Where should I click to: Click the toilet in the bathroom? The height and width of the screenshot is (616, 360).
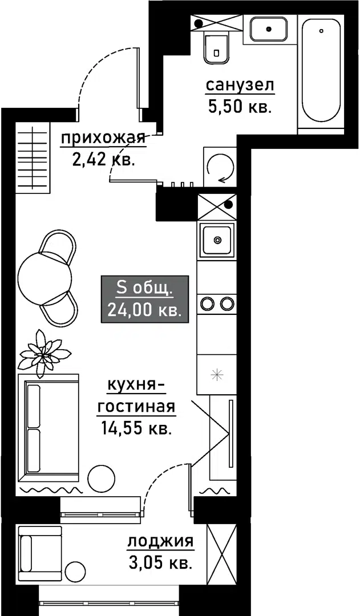pyautogui.click(x=217, y=46)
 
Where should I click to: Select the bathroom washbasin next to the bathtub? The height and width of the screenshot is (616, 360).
pyautogui.click(x=268, y=29)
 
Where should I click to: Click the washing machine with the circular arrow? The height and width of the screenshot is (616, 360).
pyautogui.click(x=220, y=166)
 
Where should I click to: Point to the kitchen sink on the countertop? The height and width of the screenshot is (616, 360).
pyautogui.click(x=216, y=240)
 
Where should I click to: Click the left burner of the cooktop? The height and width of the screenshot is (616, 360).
pyautogui.click(x=207, y=303)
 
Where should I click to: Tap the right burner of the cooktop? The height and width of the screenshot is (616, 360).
pyautogui.click(x=226, y=303)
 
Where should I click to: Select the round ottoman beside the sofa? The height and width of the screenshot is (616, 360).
pyautogui.click(x=102, y=478)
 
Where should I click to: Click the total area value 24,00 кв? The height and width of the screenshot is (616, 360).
pyautogui.click(x=144, y=310)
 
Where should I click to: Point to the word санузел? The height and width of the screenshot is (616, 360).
pyautogui.click(x=240, y=86)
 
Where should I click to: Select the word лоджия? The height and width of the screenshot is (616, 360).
pyautogui.click(x=160, y=542)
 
